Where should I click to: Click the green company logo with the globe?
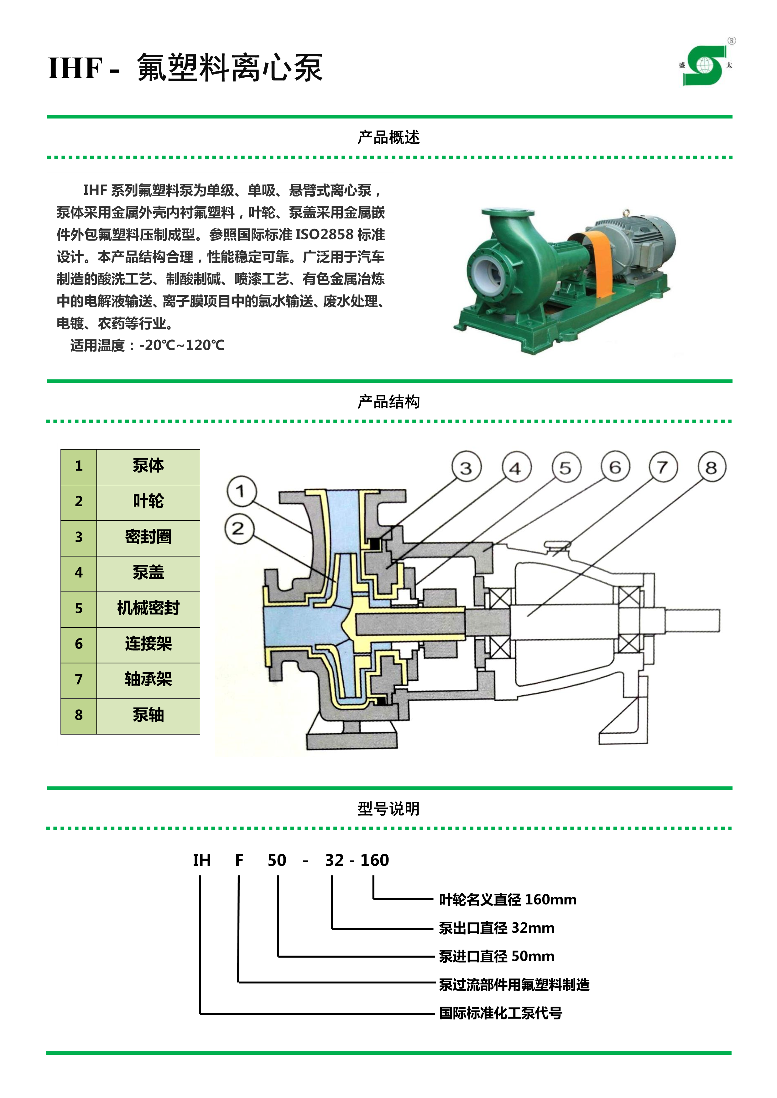(x=705, y=65)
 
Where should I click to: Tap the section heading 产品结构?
(x=388, y=402)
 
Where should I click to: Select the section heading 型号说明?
(x=388, y=809)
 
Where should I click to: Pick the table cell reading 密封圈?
(x=148, y=537)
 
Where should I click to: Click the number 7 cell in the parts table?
(x=79, y=679)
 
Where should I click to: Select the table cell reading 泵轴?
(x=148, y=715)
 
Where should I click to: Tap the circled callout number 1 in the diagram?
(x=242, y=491)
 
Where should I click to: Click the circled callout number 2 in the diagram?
(x=239, y=528)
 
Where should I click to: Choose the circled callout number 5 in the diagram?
(x=566, y=468)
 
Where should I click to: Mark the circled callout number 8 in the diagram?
(x=712, y=467)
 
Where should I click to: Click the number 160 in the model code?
(x=375, y=860)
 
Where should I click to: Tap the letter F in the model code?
(x=239, y=860)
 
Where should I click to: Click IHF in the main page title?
(x=75, y=68)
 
